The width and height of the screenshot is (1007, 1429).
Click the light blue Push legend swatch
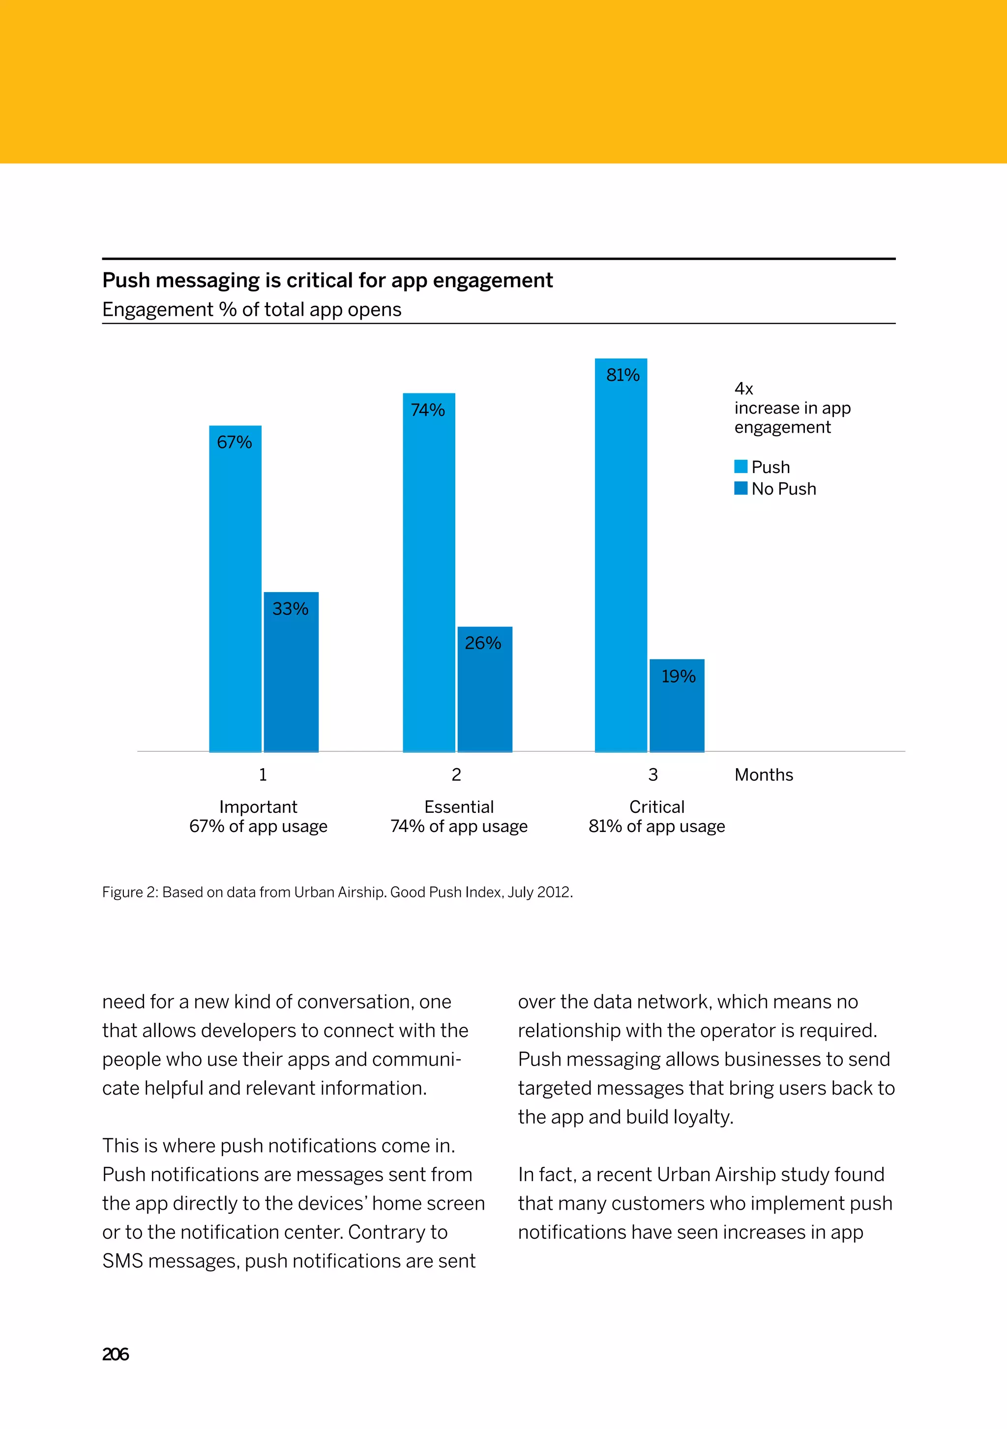click(740, 467)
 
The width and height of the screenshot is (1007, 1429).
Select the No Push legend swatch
click(740, 489)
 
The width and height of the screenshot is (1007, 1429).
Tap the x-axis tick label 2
click(456, 775)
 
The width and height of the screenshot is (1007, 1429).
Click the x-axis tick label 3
click(653, 775)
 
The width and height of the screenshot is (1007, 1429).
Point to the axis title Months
click(764, 775)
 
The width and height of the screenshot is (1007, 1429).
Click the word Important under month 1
click(258, 807)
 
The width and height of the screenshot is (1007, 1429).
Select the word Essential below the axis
click(459, 807)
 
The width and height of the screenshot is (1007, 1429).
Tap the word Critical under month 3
click(656, 807)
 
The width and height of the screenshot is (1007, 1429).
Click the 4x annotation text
click(744, 389)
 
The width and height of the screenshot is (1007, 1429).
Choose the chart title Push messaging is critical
click(327, 281)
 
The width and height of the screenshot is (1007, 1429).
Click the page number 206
click(115, 1354)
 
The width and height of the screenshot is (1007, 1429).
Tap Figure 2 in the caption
click(129, 893)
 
